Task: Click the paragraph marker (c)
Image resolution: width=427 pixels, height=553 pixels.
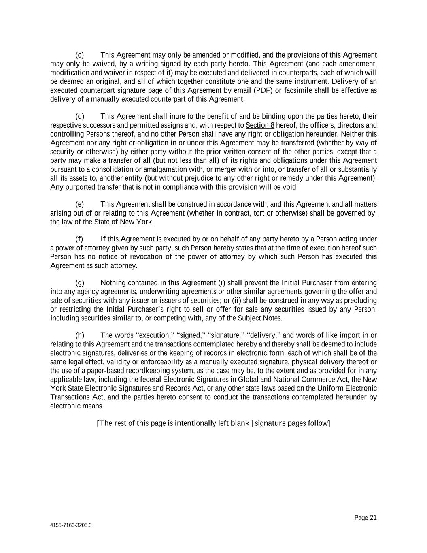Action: point(80,55)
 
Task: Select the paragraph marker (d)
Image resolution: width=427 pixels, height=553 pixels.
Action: point(80,117)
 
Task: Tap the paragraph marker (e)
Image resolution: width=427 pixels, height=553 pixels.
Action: point(80,204)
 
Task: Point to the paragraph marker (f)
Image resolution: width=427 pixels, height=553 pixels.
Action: point(79,239)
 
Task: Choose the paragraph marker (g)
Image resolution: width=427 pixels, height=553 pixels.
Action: point(80,283)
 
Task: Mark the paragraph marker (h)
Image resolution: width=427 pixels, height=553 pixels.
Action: point(80,335)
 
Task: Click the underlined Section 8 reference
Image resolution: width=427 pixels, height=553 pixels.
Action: point(260,126)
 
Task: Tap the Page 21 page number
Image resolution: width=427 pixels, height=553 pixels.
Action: point(365,518)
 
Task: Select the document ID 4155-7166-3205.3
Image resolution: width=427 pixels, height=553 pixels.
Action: point(71,525)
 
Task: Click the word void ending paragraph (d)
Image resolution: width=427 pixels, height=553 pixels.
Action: point(291,187)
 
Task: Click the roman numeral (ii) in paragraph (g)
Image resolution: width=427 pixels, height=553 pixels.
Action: point(236,301)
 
